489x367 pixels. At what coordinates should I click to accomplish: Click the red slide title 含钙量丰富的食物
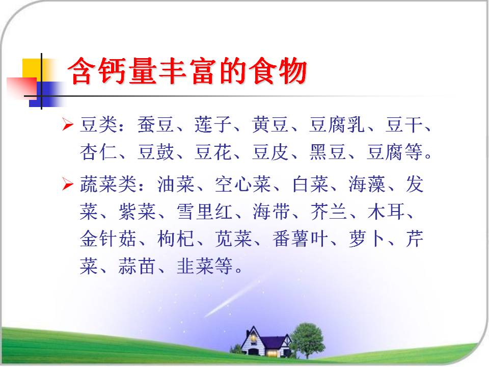coord(187,71)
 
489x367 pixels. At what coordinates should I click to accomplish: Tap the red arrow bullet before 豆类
coord(67,124)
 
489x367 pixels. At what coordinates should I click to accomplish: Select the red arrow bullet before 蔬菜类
coord(67,183)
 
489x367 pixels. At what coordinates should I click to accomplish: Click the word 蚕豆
coord(155,124)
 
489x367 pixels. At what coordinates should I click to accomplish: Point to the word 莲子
coord(213,124)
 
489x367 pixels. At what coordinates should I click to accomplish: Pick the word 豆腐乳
coord(337,124)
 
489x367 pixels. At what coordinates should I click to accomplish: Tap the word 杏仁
coord(98,152)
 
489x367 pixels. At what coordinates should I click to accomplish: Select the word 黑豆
coord(328,152)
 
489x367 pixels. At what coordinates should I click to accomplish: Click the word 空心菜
coord(242,184)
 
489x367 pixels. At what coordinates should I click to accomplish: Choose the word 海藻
coord(367,184)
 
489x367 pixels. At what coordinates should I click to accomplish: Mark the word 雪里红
coord(204,211)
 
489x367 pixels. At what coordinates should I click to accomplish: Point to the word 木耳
coord(386,211)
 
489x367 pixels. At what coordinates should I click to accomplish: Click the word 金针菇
coord(107,239)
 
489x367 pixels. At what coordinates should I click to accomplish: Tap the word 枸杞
coord(176,239)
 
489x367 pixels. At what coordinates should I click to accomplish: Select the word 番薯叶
coord(300,239)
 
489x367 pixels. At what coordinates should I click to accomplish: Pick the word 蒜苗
coord(137,266)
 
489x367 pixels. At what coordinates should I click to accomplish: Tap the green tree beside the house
coord(308,340)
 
